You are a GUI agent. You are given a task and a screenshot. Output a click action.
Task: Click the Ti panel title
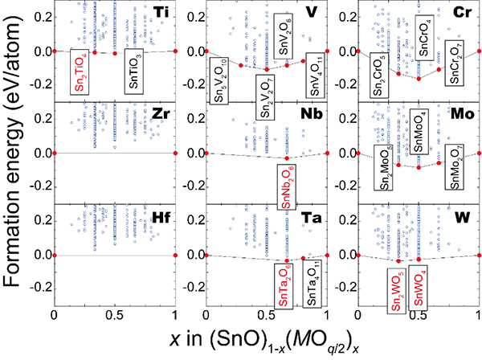163,14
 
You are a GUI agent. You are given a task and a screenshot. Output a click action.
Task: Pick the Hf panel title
163,215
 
